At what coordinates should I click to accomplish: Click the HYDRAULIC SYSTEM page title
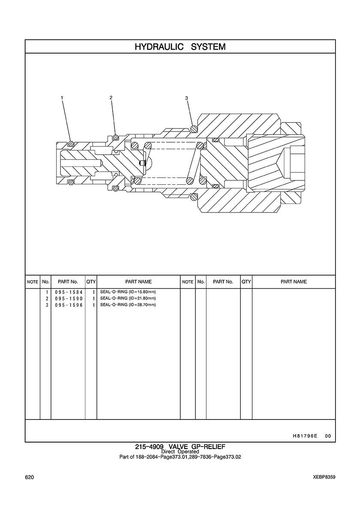[x=180, y=47]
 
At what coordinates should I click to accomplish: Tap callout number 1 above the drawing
[x=62, y=98]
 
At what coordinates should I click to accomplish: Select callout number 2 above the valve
[x=111, y=98]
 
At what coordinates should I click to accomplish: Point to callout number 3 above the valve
[x=186, y=98]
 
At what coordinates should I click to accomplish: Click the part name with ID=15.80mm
[x=128, y=292]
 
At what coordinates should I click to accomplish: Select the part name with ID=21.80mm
[x=128, y=299]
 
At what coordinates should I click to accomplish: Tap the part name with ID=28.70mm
[x=128, y=305]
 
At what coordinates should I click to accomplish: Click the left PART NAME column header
[x=138, y=282]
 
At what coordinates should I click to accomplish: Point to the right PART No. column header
[x=223, y=282]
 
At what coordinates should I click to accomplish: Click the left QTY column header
[x=91, y=282]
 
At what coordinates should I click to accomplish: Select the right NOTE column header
[x=188, y=282]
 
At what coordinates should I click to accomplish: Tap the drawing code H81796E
[x=305, y=436]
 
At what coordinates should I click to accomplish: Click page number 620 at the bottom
[x=30, y=477]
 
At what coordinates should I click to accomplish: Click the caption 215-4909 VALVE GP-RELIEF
[x=180, y=446]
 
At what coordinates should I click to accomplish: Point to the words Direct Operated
[x=180, y=452]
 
